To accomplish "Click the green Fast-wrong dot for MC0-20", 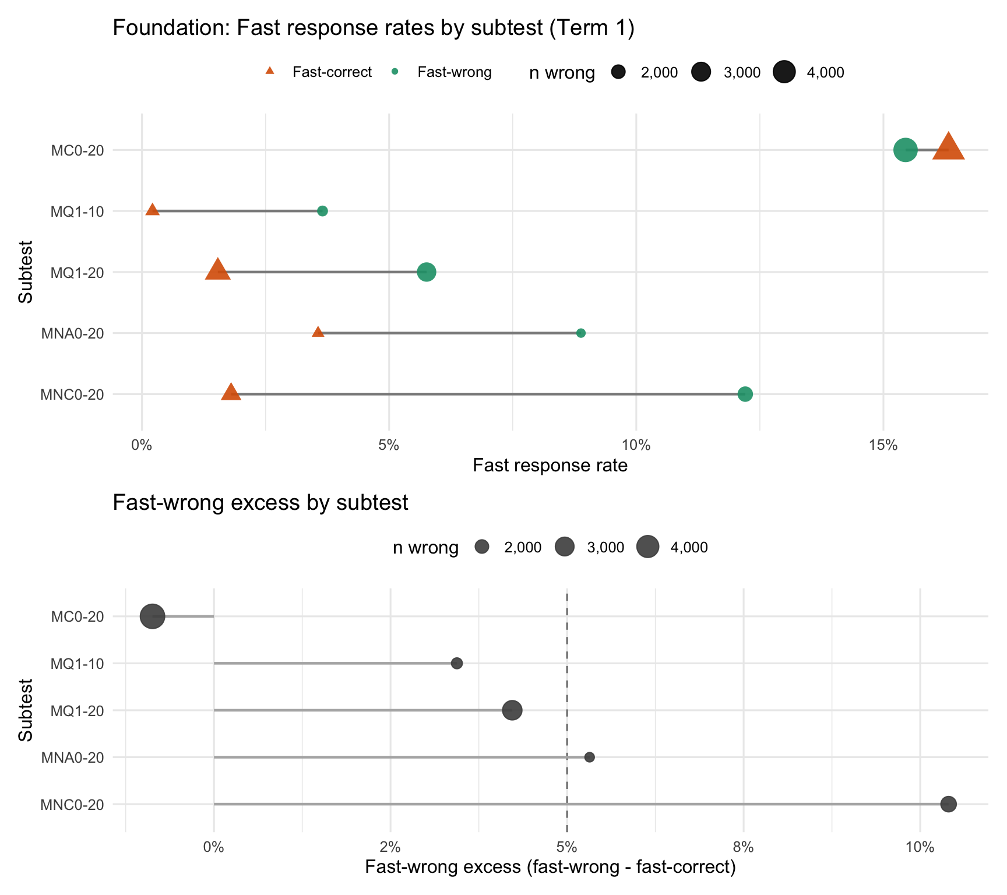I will (x=905, y=150).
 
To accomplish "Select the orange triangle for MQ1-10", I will (x=152, y=210).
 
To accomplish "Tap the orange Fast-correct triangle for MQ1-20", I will (x=217, y=270).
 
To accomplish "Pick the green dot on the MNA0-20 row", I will (x=580, y=333).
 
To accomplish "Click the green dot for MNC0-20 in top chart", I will (x=745, y=394).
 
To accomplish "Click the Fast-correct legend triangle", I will (x=270, y=71).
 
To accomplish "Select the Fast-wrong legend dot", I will (x=395, y=72).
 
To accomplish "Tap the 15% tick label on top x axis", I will (x=883, y=446).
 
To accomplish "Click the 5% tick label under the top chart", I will (x=389, y=446).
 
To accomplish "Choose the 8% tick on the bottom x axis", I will (x=744, y=848).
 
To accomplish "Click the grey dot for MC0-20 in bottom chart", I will (x=153, y=616).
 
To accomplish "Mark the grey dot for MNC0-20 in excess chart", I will (x=948, y=804).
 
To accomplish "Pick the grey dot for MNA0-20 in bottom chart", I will (x=589, y=757).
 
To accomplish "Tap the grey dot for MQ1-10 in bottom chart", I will (x=457, y=663).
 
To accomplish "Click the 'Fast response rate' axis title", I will (x=550, y=466).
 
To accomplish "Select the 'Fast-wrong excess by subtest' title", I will (x=260, y=502).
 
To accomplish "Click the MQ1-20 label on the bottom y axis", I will (x=78, y=711).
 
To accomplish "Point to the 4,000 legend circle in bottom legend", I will (x=647, y=547).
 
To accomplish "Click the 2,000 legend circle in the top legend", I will (x=618, y=72).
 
